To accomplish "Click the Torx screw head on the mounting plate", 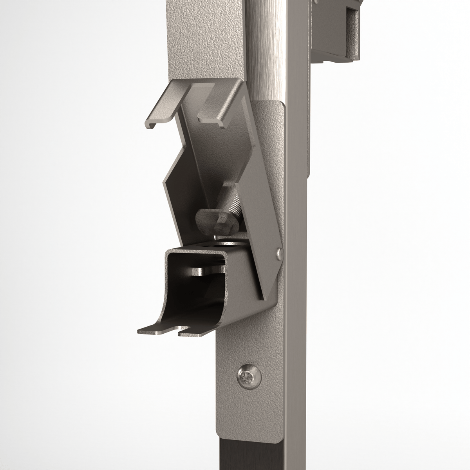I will click(x=248, y=376).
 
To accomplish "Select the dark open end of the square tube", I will click(x=188, y=282).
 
